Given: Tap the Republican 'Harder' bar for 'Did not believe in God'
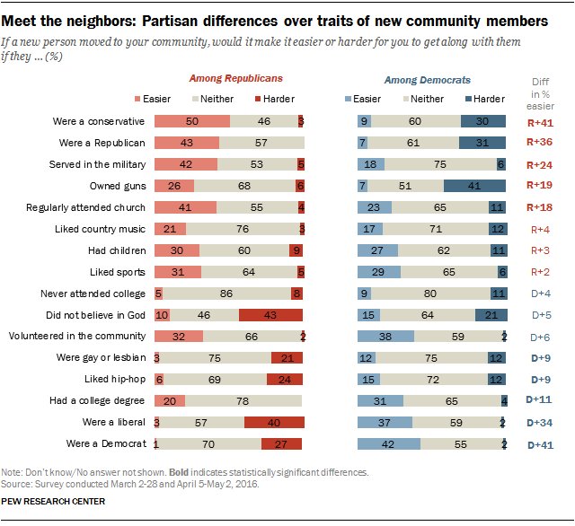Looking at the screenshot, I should pos(271,315).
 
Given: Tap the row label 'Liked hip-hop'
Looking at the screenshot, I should pos(115,380).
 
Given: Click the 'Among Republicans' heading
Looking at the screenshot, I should pos(229,80).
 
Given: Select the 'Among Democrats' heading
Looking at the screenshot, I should pos(428,80).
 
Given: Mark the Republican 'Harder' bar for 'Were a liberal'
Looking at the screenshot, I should pos(274,423).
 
